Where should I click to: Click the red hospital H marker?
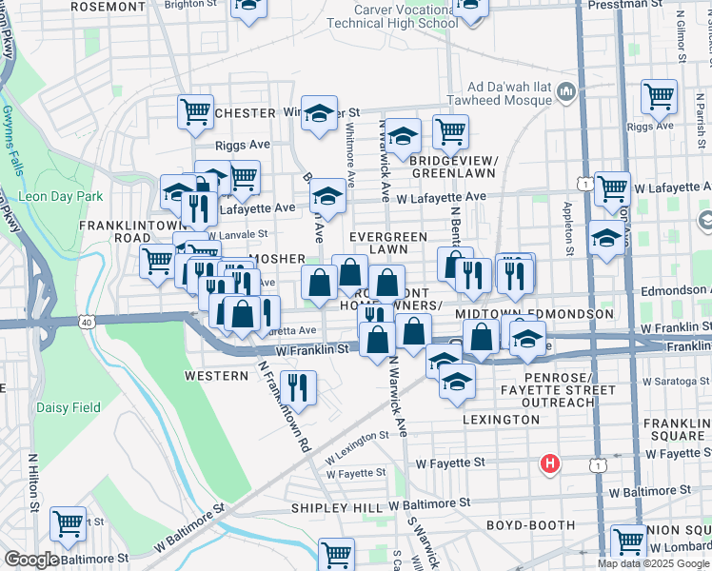(x=549, y=463)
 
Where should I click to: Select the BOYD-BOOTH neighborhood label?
(x=530, y=524)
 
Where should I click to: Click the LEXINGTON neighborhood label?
(x=501, y=419)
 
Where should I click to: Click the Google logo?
(x=31, y=560)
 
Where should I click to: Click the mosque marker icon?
(x=567, y=91)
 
